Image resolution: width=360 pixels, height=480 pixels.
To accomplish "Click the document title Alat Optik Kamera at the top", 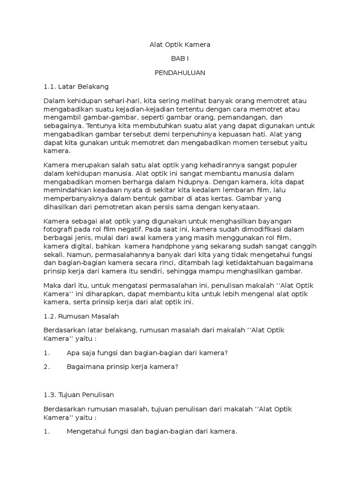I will (180, 45).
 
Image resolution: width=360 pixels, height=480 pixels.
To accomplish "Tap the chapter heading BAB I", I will (180, 59).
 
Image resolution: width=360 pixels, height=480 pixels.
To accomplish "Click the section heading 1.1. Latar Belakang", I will (76, 87).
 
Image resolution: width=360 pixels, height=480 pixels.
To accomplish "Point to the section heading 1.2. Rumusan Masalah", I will (82, 316).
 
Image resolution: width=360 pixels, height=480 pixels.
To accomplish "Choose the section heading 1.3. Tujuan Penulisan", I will (79, 395).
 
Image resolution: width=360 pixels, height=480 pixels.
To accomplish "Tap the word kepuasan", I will (265, 135).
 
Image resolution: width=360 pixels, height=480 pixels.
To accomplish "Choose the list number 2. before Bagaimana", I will (46, 367).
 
